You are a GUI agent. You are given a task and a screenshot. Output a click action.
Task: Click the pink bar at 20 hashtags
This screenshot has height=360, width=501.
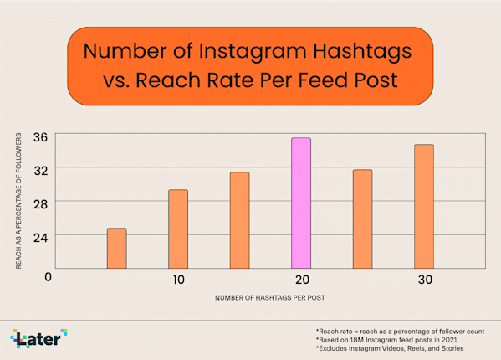point(301,203)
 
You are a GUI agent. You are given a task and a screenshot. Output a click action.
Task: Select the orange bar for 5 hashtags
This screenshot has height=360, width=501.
point(116,248)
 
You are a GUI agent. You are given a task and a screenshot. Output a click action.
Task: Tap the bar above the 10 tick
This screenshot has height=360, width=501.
point(178,229)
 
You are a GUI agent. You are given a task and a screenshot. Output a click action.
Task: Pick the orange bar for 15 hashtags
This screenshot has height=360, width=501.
point(239,220)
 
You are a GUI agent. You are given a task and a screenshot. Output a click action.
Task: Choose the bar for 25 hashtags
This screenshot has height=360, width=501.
point(362,219)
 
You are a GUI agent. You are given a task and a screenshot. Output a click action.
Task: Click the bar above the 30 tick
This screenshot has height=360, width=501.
point(424,206)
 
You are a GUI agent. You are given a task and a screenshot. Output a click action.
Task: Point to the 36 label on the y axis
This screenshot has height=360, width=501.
point(40,136)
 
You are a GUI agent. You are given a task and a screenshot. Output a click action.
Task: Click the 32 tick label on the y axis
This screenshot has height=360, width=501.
point(40,169)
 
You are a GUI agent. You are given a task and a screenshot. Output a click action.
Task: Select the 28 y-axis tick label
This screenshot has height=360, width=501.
point(40,203)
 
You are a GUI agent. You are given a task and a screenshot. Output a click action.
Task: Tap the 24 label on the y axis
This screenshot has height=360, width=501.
point(40,236)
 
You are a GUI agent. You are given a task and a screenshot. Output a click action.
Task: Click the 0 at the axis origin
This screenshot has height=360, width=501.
point(49,277)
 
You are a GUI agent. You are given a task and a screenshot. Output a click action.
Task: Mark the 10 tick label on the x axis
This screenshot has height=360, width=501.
point(177,280)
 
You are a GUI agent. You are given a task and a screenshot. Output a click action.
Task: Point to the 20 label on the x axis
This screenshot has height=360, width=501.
point(301,280)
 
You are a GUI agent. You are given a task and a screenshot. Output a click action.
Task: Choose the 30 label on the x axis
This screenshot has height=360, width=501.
point(424,280)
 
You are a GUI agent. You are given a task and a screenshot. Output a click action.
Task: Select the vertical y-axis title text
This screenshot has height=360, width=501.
point(18,200)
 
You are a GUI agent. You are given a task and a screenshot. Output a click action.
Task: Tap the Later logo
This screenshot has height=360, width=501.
point(38,338)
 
